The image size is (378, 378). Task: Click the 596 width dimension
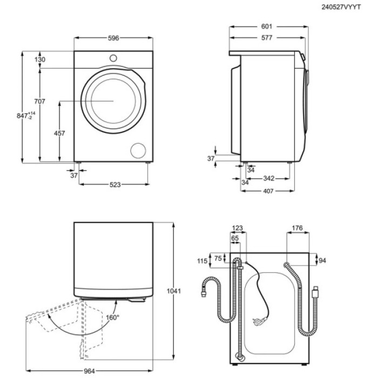pos(113,38)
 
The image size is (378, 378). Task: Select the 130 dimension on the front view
pos(40,59)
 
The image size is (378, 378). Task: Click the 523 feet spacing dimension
pos(114,185)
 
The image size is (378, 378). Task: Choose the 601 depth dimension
pos(267,26)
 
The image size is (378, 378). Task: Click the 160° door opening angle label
pos(112,317)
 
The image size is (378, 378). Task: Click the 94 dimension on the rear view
pos(323,261)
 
